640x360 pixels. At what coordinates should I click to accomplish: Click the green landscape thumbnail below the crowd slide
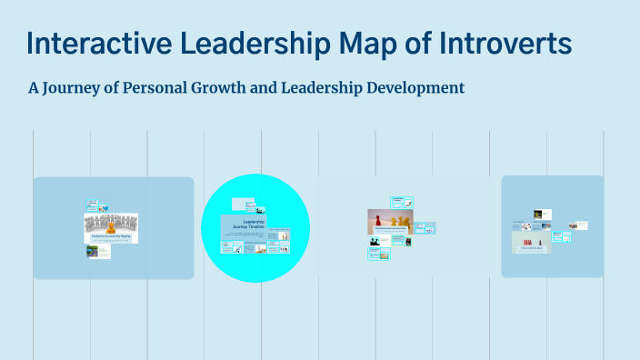pyautogui.click(x=92, y=251)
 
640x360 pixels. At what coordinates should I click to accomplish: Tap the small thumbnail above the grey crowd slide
pyautogui.click(x=92, y=205)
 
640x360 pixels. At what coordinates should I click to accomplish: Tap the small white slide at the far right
pyautogui.click(x=580, y=225)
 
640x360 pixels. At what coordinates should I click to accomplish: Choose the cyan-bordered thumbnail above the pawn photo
pyautogui.click(x=396, y=202)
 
